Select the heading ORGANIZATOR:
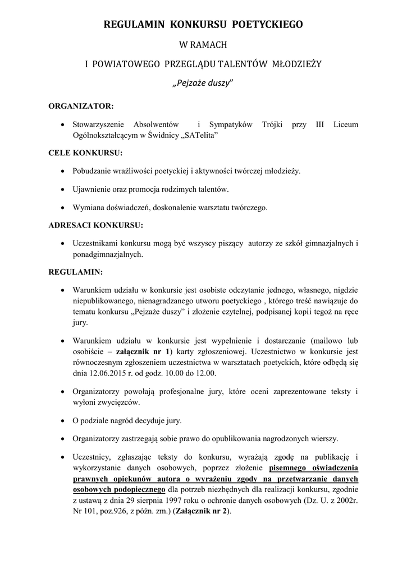[x=81, y=105]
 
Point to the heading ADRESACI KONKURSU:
[x=96, y=225]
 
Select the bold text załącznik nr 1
[x=143, y=353]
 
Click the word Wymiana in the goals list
[x=89, y=207]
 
